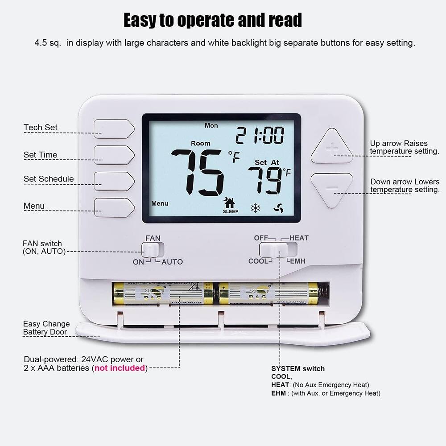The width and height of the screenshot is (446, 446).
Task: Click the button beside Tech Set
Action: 114,129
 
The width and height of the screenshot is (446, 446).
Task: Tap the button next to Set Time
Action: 114,155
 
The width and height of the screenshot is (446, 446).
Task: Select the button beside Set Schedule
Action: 114,181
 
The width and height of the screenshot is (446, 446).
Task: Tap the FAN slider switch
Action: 153,249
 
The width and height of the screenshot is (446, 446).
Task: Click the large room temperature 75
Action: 198,172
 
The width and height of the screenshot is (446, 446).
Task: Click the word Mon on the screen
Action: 211,126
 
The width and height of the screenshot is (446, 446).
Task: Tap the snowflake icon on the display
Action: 256,208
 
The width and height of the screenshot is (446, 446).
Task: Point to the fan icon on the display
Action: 279,208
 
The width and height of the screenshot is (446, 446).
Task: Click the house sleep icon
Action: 230,204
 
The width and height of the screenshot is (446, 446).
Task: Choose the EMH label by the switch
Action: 297,261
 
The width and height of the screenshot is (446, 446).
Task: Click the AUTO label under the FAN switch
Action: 172,262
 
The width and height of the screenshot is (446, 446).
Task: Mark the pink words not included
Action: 120,368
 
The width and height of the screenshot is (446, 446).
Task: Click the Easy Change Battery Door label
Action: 46,328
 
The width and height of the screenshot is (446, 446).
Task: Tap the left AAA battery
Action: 163,293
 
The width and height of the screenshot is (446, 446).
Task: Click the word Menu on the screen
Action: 160,203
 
